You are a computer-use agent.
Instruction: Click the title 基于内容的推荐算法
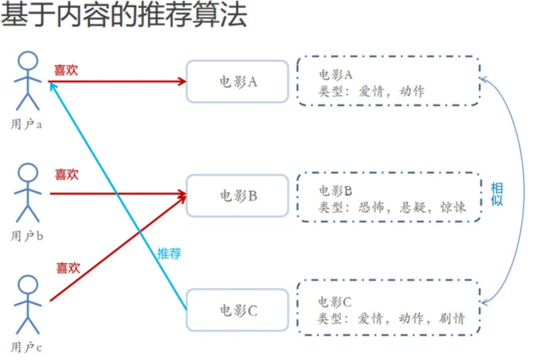click(x=123, y=17)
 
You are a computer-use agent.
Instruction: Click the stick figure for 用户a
click(x=29, y=79)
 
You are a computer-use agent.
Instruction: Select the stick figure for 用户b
click(x=29, y=192)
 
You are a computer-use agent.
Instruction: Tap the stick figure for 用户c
click(x=29, y=304)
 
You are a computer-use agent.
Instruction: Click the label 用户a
click(x=27, y=123)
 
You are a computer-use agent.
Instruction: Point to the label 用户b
click(x=27, y=236)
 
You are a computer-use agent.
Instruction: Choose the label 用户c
click(x=27, y=348)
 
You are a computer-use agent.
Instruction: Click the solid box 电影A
click(x=237, y=81)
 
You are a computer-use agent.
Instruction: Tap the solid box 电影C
click(x=237, y=311)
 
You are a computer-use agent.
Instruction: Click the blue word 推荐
click(x=169, y=254)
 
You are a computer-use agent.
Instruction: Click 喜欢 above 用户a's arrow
click(x=66, y=69)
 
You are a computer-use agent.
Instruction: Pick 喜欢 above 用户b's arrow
click(x=67, y=174)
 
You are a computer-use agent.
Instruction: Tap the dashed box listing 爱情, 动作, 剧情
click(x=390, y=310)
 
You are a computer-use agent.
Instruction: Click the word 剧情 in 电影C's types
click(x=450, y=319)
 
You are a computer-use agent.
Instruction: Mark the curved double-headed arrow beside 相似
click(x=521, y=191)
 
